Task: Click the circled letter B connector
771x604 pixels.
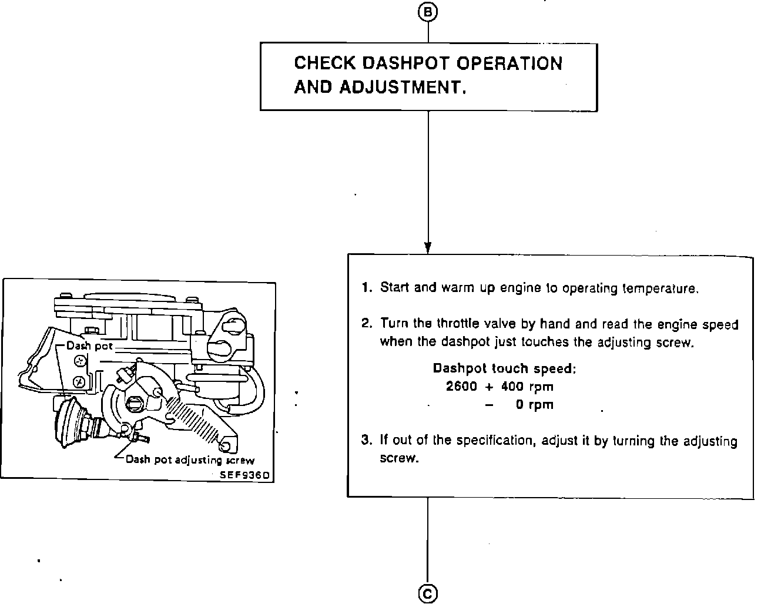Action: point(428,12)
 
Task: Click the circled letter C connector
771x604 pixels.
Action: point(428,594)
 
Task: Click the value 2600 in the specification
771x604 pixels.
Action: point(461,387)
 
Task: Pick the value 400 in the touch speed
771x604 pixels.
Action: point(512,387)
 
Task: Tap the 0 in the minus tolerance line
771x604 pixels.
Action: point(520,405)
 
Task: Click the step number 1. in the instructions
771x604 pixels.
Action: point(367,288)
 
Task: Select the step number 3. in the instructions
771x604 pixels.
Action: point(367,441)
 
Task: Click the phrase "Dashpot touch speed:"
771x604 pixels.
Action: point(505,368)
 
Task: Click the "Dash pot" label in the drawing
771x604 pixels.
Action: point(89,346)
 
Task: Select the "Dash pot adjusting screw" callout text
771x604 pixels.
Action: point(190,460)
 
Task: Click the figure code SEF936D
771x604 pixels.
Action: point(245,475)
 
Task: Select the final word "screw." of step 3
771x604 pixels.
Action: point(400,458)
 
